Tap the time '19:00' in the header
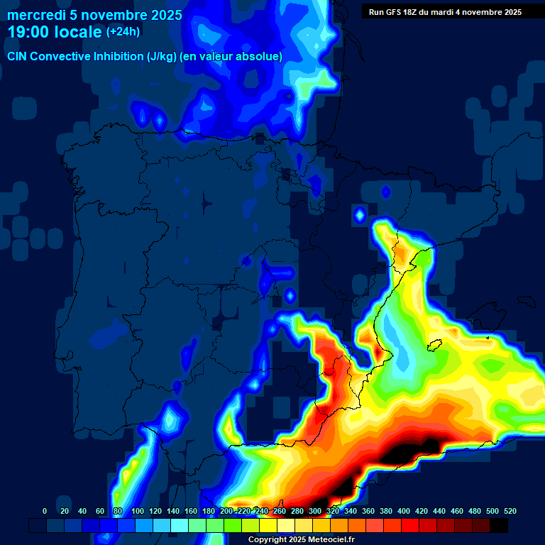click(30, 32)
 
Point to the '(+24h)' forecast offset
click(123, 32)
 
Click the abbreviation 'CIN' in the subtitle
click(18, 56)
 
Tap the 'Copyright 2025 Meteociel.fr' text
click(301, 540)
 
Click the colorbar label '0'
click(45, 511)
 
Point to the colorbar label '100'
click(138, 511)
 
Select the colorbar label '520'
click(510, 511)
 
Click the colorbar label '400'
click(403, 511)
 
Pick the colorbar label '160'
click(191, 511)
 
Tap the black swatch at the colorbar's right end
click(499, 525)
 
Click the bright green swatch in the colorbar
click(233, 525)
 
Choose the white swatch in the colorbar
click(286, 525)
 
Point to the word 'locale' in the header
click(78, 32)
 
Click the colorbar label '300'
click(314, 511)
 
